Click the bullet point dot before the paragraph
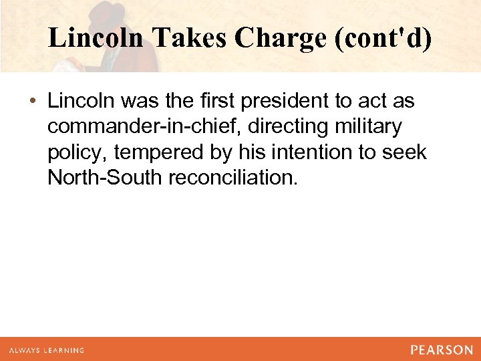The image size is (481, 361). [x=33, y=102]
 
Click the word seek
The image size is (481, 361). [x=404, y=152]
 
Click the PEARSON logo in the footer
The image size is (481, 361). [x=442, y=350]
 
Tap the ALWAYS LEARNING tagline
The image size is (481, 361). [x=46, y=350]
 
